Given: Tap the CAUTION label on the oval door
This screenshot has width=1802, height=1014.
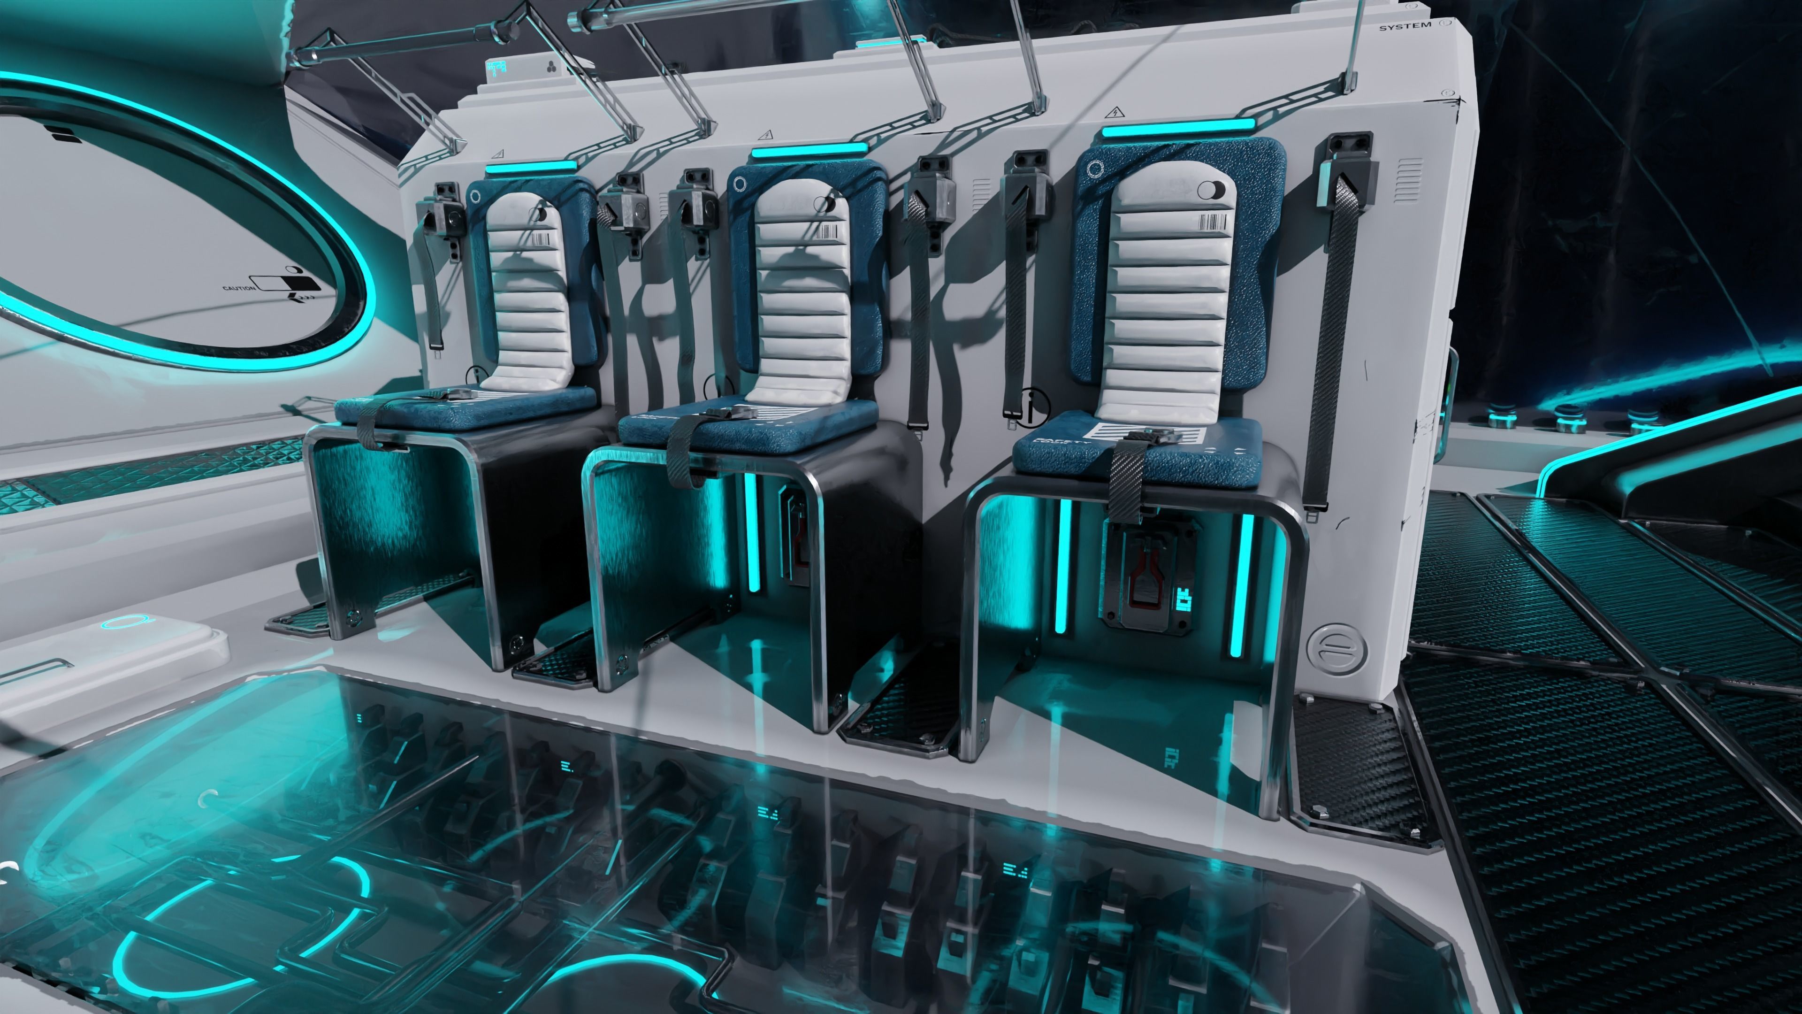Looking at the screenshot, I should coord(238,288).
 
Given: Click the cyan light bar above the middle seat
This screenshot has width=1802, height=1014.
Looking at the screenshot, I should coord(809,151).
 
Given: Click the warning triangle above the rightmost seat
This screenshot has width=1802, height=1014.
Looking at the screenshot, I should coord(1115,112).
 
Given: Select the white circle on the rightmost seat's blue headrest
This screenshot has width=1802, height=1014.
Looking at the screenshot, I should coord(1095,169).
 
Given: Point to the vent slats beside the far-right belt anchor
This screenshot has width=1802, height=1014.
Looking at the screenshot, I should coord(1409,181).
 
